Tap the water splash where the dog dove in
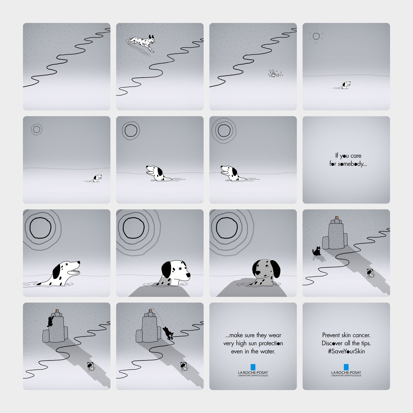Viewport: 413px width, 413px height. (x=275, y=73)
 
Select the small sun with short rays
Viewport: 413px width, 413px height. (x=316, y=36)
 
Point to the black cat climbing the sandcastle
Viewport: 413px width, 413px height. (x=50, y=321)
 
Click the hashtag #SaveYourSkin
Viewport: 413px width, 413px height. (x=346, y=351)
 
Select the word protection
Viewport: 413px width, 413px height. (x=271, y=343)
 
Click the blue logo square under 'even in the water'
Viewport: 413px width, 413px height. (x=253, y=367)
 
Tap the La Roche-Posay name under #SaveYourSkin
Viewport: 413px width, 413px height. (x=346, y=373)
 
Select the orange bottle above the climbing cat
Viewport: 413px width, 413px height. (x=57, y=311)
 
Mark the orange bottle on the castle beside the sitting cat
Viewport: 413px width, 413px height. (x=337, y=217)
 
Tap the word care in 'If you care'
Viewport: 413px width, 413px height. (x=356, y=156)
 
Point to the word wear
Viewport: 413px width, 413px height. (x=275, y=335)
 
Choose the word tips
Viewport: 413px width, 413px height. (x=366, y=343)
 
